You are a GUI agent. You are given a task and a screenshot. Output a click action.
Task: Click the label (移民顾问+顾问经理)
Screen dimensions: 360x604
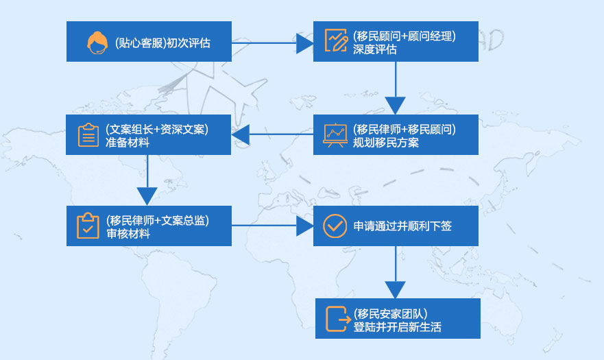click(x=404, y=35)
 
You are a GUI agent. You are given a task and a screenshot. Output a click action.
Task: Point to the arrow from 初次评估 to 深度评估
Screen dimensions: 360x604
click(x=271, y=43)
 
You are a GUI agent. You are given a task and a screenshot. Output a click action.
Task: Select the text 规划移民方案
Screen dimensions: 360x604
click(x=386, y=143)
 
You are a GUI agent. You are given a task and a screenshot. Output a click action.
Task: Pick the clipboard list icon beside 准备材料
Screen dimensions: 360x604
click(x=88, y=135)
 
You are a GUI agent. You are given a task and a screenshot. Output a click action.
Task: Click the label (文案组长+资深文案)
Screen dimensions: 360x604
click(x=157, y=128)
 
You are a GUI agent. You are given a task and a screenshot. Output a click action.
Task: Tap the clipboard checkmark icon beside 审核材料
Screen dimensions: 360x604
click(x=88, y=226)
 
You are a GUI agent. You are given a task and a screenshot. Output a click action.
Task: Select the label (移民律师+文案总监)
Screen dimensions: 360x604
click(x=158, y=220)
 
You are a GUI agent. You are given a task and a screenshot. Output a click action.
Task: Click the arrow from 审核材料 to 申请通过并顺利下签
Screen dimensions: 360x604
click(x=271, y=226)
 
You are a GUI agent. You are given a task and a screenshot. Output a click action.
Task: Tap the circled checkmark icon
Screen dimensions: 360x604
click(x=335, y=226)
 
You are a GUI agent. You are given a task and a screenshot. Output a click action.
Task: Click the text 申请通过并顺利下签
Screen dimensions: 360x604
click(x=402, y=226)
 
